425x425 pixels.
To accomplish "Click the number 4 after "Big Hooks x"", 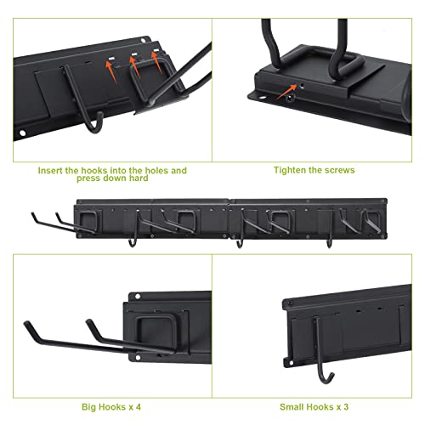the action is (x=138, y=407).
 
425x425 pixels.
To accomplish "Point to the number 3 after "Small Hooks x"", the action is (x=346, y=407).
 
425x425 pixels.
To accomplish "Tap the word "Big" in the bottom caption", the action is (x=88, y=407).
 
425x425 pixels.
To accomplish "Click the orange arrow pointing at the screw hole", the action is (x=286, y=93).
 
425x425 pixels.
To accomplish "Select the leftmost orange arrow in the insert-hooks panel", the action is (x=111, y=71).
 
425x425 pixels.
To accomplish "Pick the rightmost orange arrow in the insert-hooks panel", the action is (x=156, y=62).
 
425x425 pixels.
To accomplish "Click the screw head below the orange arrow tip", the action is (x=291, y=99).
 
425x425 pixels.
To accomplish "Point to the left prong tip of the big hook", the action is (x=26, y=323).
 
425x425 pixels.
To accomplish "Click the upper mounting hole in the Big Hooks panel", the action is (x=138, y=297).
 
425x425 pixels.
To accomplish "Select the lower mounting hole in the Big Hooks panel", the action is (x=138, y=358).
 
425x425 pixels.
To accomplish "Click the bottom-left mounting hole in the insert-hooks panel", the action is (x=22, y=133).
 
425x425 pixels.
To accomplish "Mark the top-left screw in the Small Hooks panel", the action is (x=290, y=303).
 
